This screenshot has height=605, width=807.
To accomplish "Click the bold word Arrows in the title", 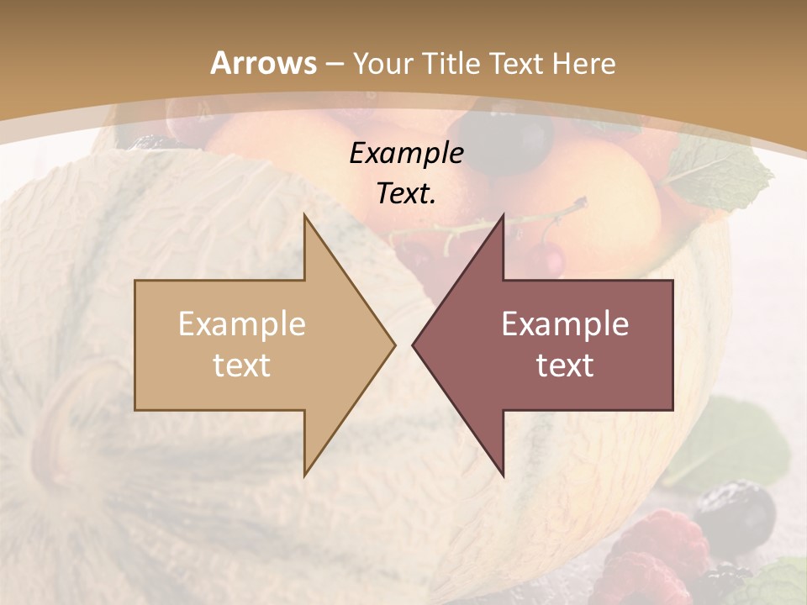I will coord(263,64).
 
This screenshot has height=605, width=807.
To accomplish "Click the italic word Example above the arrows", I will coord(407,154).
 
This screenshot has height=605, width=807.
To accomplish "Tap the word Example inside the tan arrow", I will coord(242,324).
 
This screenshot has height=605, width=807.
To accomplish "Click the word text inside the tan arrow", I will coord(242,366).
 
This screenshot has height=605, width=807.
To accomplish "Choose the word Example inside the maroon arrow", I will coord(565,324).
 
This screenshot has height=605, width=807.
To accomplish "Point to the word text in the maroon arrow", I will coord(565,366).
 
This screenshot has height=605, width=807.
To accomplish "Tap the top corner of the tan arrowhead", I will coord(305,216).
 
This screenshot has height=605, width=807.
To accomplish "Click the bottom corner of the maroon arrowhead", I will coord(503,474).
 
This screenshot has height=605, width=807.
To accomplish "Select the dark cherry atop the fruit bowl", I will coord(514,138).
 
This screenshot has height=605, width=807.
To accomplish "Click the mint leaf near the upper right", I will coord(727,168).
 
